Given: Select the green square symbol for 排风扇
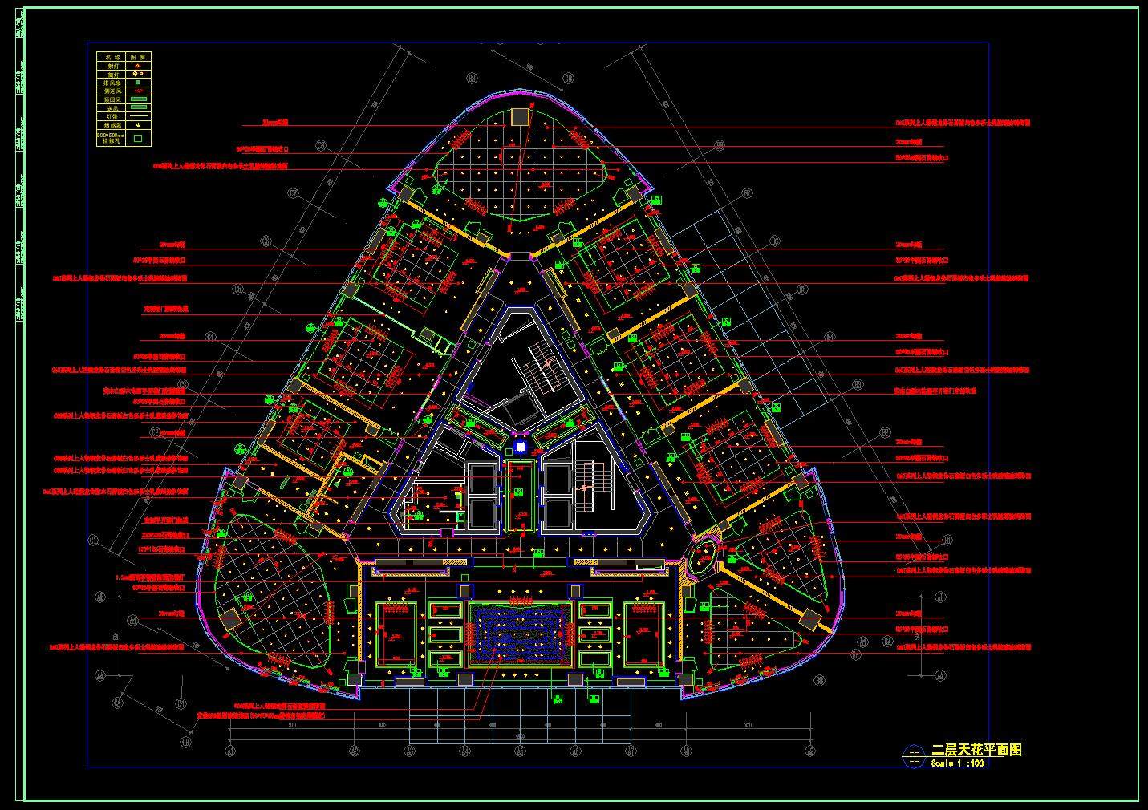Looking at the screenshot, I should pyautogui.click(x=138, y=82).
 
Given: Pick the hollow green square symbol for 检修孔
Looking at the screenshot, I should pyautogui.click(x=138, y=138).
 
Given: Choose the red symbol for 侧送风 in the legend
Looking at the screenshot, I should pyautogui.click(x=138, y=91).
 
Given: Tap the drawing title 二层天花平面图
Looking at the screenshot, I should pyautogui.click(x=976, y=751).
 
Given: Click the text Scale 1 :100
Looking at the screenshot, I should pyautogui.click(x=957, y=763).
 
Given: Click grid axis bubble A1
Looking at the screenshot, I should pyautogui.click(x=230, y=751).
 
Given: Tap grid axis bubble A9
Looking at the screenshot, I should pyautogui.click(x=810, y=751).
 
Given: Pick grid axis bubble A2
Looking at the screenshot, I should pyautogui.click(x=354, y=751).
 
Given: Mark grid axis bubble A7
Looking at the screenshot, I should pyautogui.click(x=631, y=751).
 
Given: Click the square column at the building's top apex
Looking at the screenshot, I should pyautogui.click(x=520, y=117).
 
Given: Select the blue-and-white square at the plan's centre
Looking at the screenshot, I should pyautogui.click(x=520, y=447).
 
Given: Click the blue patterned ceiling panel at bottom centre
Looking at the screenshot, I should pyautogui.click(x=519, y=634).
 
